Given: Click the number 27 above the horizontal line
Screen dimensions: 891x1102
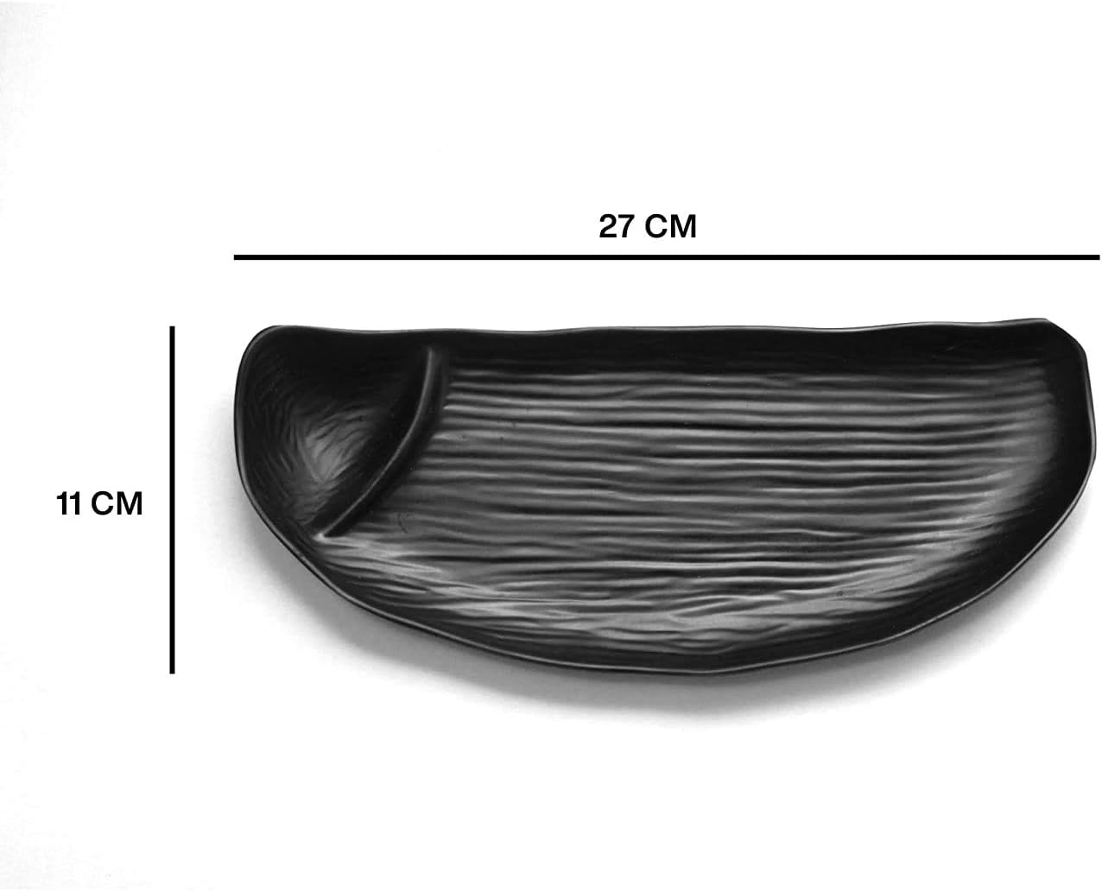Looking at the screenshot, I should (617, 226).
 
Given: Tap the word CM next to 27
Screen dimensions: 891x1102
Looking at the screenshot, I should (672, 226).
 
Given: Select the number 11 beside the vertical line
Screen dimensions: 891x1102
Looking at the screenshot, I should (68, 503).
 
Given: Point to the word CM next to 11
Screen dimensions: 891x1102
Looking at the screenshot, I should (117, 503).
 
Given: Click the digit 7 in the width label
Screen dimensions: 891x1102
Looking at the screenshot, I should (629, 226).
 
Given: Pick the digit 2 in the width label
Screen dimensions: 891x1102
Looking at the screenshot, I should (608, 226).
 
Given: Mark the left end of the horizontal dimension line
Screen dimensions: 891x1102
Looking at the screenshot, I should (236, 256).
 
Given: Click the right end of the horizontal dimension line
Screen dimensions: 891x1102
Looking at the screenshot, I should (1098, 256).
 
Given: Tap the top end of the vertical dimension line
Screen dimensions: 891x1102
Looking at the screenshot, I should (173, 328).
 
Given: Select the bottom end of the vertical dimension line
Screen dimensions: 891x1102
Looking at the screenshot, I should (173, 671).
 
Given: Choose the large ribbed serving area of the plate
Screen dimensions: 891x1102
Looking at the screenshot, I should (691, 483).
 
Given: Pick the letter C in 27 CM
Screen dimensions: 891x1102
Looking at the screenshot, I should (659, 226).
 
